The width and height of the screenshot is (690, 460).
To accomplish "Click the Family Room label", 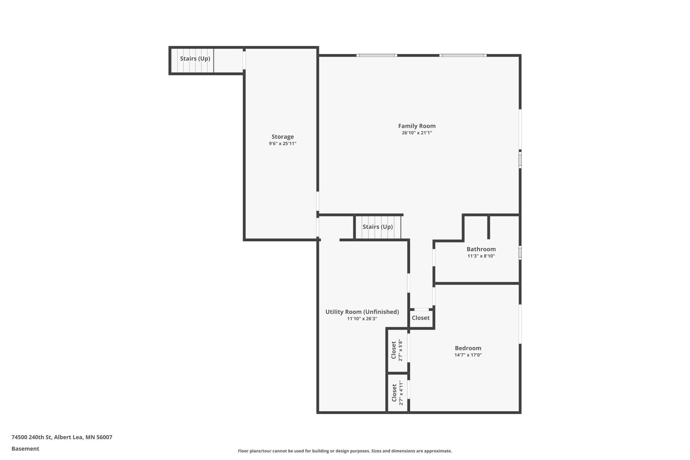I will [417, 126].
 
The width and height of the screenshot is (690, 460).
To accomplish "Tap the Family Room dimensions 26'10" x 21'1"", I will [417, 133].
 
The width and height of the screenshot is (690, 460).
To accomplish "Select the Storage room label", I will [282, 136].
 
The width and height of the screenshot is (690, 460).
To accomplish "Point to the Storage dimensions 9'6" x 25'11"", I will [282, 143].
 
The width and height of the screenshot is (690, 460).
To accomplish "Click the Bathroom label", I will [481, 249].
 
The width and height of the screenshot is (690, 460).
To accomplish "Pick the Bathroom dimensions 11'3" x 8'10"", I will [481, 256].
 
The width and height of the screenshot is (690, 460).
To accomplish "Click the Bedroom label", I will [468, 348].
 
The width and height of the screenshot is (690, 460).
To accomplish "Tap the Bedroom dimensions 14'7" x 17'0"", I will [468, 355].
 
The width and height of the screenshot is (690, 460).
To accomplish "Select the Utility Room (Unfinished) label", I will [362, 312].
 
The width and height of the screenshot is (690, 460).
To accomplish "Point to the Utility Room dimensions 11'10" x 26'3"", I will [362, 319].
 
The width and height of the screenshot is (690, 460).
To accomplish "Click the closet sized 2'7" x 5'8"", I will [397, 350].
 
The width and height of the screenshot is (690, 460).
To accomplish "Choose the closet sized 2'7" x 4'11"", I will [397, 393].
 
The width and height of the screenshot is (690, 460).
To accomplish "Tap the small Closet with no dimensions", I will [420, 318].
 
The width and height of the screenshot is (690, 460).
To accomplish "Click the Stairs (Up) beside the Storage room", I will [195, 59].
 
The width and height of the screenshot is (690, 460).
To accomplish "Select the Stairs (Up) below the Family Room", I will [378, 227].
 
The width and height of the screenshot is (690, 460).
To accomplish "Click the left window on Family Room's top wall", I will [377, 55].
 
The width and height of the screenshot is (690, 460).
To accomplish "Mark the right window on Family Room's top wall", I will [463, 55].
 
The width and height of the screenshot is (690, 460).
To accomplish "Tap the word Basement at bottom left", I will [25, 449].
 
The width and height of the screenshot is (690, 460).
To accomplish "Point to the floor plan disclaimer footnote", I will [345, 451].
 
